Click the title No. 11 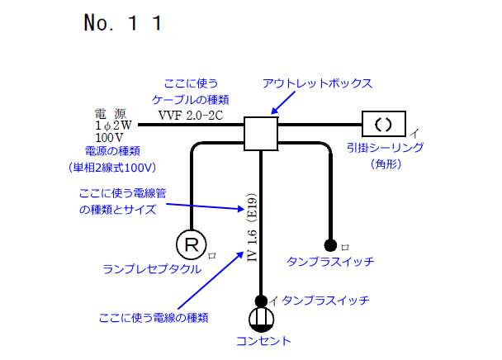[121, 23]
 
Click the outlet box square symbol [262, 133]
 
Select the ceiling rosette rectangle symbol [383, 125]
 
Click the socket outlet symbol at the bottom [261, 319]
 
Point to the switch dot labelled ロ [330, 244]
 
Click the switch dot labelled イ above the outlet [261, 301]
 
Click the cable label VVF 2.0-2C [190, 115]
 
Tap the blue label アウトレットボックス [318, 84]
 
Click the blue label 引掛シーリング [386, 148]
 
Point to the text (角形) [386, 163]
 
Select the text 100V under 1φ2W [109, 137]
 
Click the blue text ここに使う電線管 [124, 192]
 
